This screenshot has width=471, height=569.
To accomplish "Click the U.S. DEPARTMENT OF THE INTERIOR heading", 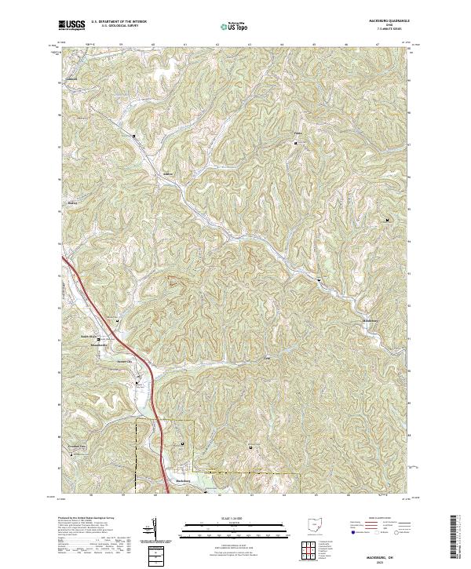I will [x=118, y=22].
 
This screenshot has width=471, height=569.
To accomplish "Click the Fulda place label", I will [x=297, y=133].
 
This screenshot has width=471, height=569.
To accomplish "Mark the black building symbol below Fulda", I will [x=296, y=142].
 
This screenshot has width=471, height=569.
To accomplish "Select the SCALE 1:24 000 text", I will [x=224, y=519].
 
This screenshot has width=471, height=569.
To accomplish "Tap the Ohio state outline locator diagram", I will [x=314, y=525].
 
